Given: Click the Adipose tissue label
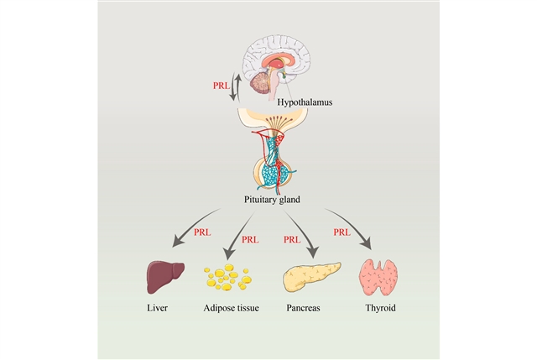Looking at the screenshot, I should tap(232, 308).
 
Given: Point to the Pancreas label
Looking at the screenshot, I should tap(302, 308).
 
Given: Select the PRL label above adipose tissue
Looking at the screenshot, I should tap(250, 240).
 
